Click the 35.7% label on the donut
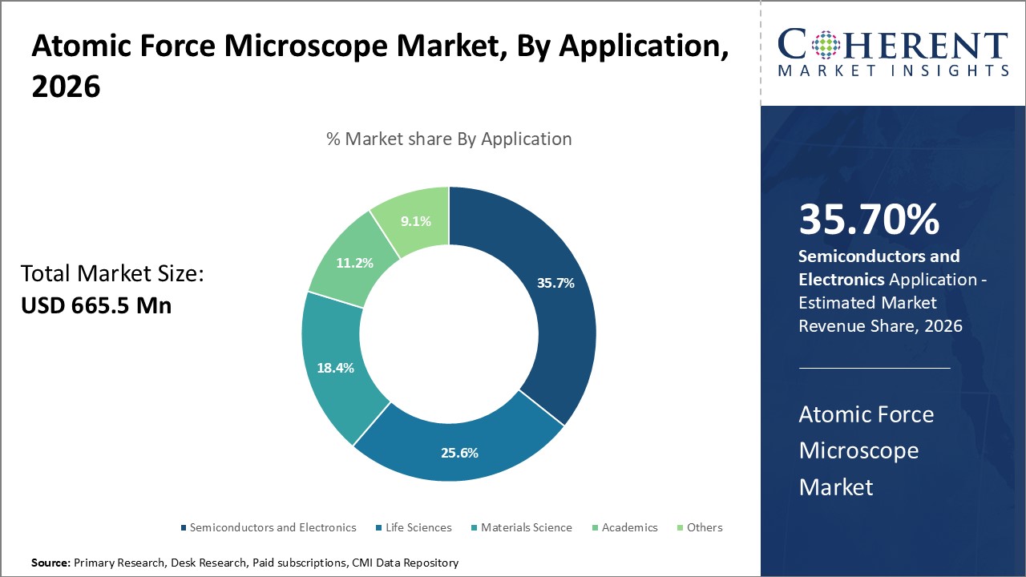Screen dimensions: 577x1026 coord(555,283)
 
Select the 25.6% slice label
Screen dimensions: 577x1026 coord(459,453)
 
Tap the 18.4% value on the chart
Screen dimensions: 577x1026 coord(334,368)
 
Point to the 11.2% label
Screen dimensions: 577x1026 coord(353,262)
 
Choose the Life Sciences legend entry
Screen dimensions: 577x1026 coord(418,527)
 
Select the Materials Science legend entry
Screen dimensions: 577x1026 coord(526,527)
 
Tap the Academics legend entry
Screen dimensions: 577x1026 coord(629,527)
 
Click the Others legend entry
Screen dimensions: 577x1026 coord(704,527)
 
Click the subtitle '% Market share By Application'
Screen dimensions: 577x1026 coord(449,139)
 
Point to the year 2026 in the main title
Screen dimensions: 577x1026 coord(66,87)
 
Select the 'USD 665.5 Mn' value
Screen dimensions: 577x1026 coord(96,305)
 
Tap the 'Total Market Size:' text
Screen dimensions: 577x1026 coord(112,275)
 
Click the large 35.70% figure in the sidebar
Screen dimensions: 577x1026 coord(869,220)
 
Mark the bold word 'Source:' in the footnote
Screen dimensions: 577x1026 coord(50,563)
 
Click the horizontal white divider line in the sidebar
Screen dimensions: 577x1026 coord(875,369)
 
